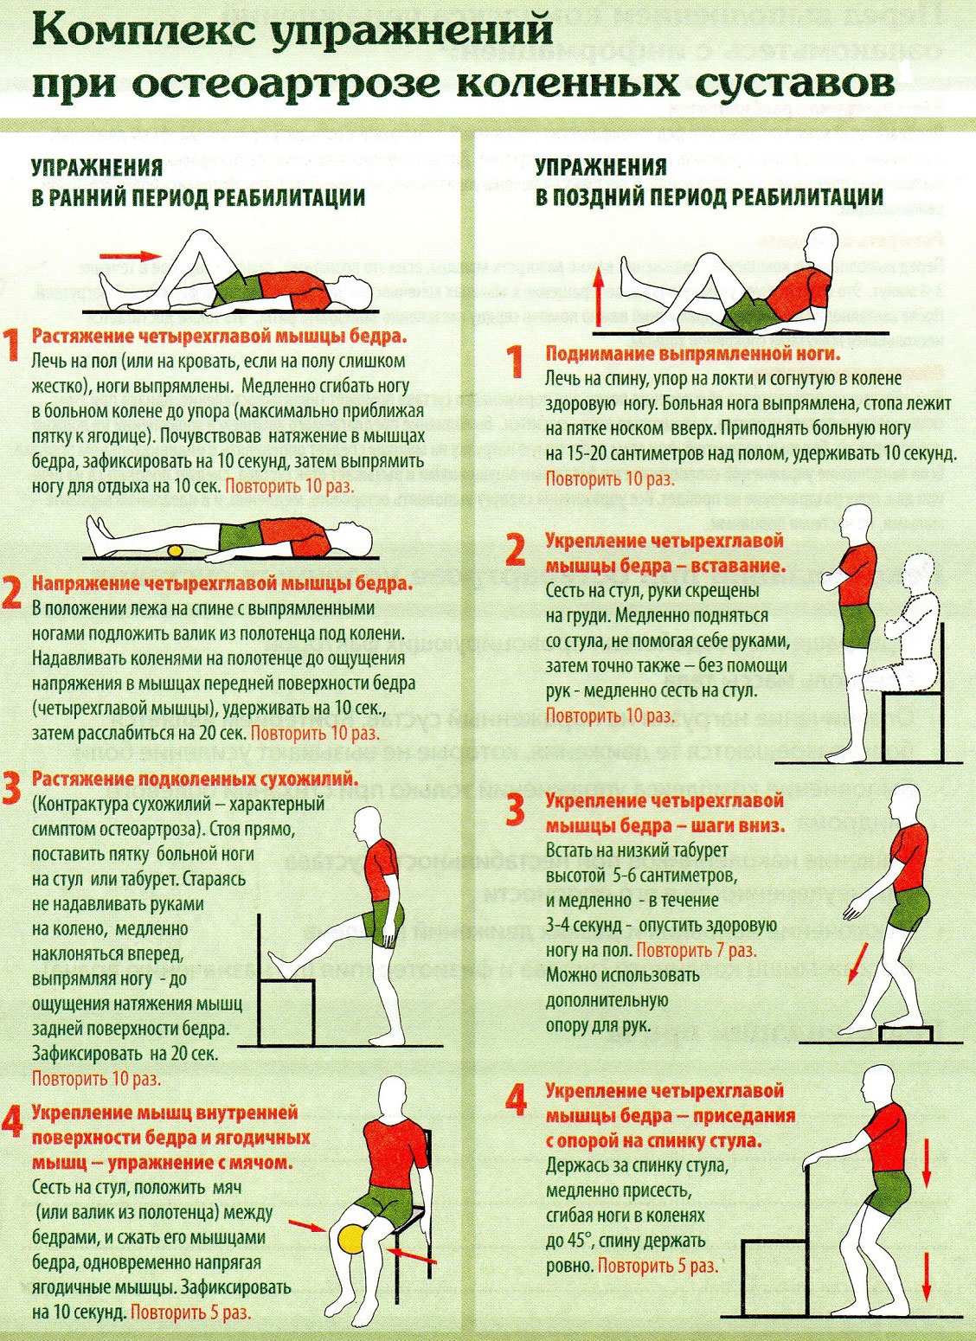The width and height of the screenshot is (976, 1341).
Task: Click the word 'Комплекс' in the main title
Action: tap(143, 33)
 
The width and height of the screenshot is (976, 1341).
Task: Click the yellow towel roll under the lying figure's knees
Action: tap(177, 551)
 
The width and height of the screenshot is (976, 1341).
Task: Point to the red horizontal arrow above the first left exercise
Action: tap(130, 255)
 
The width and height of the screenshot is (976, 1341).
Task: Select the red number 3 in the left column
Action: tap(11, 789)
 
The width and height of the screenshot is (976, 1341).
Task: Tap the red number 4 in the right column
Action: tap(516, 1101)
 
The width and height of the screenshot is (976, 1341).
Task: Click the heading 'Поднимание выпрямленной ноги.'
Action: tap(692, 355)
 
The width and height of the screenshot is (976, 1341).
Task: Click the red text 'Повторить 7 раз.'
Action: tap(697, 950)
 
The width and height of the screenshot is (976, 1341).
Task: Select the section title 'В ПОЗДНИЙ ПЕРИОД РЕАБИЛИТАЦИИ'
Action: tap(709, 196)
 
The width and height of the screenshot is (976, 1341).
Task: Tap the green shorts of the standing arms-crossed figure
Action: tap(858, 627)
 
